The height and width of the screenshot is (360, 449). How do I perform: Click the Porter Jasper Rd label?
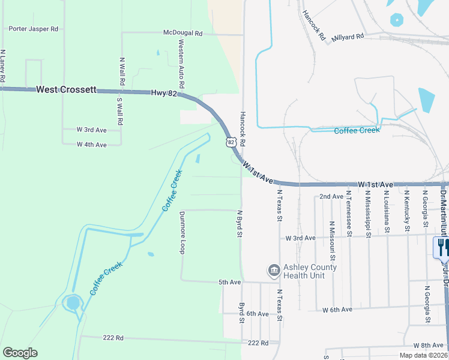[33, 28]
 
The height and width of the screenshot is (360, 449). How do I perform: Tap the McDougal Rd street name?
[183, 33]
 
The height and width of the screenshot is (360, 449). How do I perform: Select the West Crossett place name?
[66, 89]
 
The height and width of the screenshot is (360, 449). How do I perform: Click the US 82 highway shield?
[231, 142]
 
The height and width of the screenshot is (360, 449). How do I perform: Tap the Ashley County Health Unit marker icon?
[274, 271]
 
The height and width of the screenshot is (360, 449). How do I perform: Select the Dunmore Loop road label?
[182, 233]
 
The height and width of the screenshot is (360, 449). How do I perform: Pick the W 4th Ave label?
[91, 145]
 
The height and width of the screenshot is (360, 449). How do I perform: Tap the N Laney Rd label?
[3, 66]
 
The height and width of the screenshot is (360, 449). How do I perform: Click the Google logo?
[20, 353]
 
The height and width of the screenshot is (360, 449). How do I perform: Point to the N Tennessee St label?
[348, 211]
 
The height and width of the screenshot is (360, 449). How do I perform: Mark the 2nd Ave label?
[331, 197]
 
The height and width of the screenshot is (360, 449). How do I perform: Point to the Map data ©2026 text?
[423, 355]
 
